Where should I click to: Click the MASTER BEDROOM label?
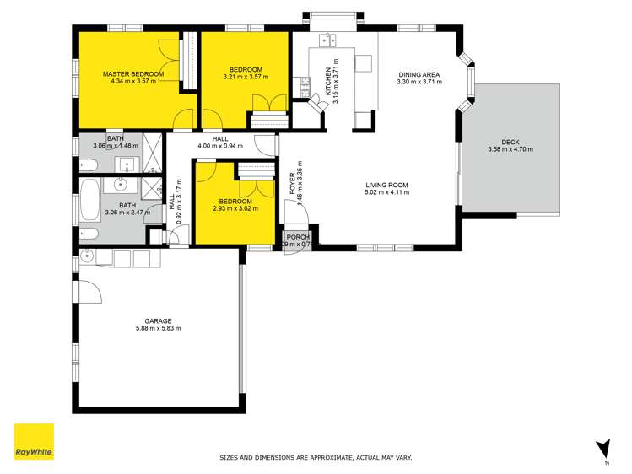pyautogui.click(x=133, y=74)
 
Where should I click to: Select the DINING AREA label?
pyautogui.click(x=419, y=74)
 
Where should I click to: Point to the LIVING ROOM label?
pyautogui.click(x=386, y=185)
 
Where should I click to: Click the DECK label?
pyautogui.click(x=510, y=142)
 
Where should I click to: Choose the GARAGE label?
pyautogui.click(x=158, y=320)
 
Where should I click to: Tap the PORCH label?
pyautogui.click(x=298, y=237)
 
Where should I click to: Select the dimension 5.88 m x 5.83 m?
pyautogui.click(x=158, y=328)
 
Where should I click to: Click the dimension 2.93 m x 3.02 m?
pyautogui.click(x=235, y=209)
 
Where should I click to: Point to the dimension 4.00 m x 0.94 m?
pyautogui.click(x=219, y=146)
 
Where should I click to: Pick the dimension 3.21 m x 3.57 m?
pyautogui.click(x=245, y=77)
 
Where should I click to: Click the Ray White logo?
pyautogui.click(x=34, y=442)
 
